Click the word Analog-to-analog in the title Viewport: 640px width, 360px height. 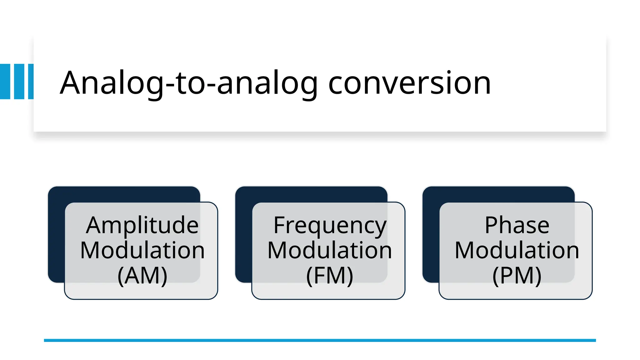point(189,83)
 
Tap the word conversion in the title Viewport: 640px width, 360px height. point(409,83)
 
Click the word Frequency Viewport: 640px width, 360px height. point(330,226)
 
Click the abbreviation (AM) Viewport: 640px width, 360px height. point(142,276)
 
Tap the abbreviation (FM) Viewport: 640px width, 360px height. point(330,276)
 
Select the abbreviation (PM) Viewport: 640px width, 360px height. point(517,276)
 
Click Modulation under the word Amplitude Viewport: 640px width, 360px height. point(142,250)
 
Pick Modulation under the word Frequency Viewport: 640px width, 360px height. point(330,250)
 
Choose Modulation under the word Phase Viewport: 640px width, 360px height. point(517,250)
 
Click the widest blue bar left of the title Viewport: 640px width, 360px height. point(5,82)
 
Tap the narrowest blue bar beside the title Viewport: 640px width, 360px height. point(31,82)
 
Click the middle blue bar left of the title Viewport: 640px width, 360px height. point(19,82)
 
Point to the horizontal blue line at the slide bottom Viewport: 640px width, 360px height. point(320,340)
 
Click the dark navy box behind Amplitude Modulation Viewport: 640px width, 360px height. point(56,234)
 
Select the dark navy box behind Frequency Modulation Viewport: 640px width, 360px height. point(243,234)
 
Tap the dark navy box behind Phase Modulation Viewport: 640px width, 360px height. point(431,234)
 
